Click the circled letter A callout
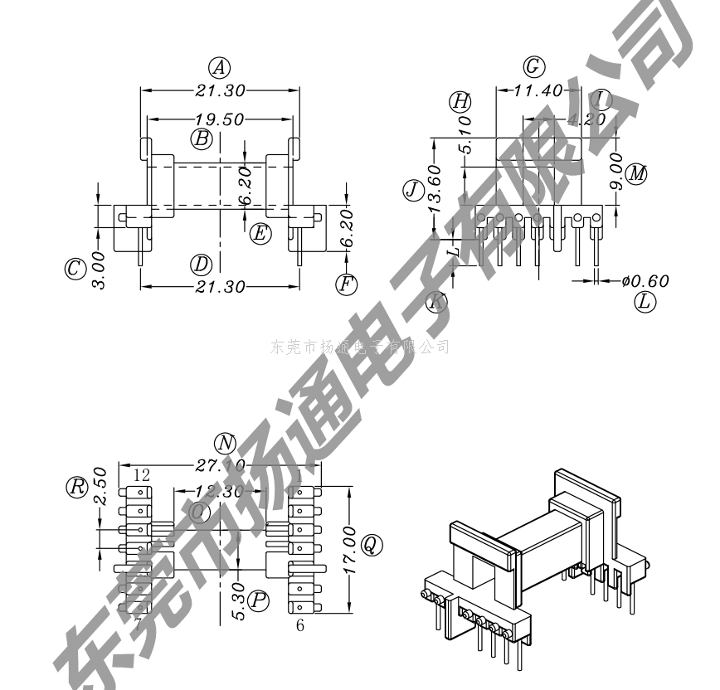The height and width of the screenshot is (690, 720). (x=219, y=68)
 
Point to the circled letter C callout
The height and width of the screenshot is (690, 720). (x=75, y=268)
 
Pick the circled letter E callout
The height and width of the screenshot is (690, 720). (x=260, y=233)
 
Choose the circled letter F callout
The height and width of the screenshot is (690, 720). (x=346, y=284)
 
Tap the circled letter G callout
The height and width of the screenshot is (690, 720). (x=534, y=66)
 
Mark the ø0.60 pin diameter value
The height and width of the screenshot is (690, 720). (x=645, y=281)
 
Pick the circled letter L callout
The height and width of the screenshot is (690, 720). (x=645, y=302)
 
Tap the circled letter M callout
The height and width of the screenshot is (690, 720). (x=636, y=173)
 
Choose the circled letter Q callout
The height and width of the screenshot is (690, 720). (x=372, y=544)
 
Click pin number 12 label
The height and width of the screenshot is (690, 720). (x=141, y=475)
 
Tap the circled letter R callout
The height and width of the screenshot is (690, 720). (x=77, y=486)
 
